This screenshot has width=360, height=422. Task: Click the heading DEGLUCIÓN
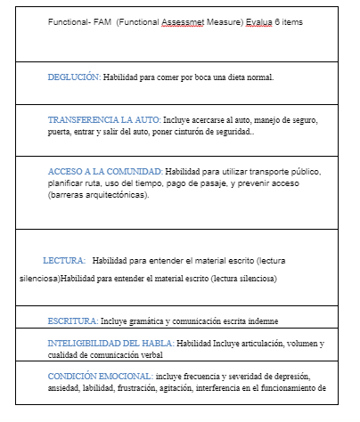pos(74,77)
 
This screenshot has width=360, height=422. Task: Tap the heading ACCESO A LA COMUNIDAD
pos(104,170)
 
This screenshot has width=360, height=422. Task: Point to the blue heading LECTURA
pos(64,261)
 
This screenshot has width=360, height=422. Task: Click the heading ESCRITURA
pos(71,320)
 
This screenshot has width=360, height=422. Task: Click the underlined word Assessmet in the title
pos(185,20)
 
